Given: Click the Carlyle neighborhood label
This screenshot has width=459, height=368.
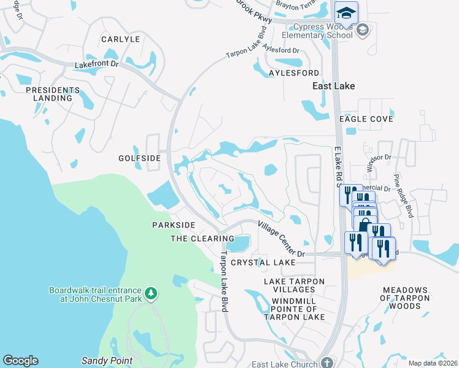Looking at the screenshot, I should click(x=121, y=39).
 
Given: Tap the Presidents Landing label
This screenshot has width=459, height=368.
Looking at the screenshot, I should click(x=53, y=94).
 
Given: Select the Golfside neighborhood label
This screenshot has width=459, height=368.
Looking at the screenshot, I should click(x=139, y=158).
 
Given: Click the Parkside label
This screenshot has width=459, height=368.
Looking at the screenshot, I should click(x=174, y=225).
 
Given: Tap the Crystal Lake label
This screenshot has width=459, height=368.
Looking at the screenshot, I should click(x=263, y=263).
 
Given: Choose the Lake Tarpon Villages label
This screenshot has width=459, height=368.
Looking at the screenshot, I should click(x=294, y=286).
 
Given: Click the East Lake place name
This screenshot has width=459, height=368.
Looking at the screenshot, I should click(x=333, y=86).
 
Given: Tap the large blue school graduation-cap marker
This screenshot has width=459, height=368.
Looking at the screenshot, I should click(x=346, y=12).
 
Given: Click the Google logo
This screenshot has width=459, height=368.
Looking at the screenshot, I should click(x=20, y=361).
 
